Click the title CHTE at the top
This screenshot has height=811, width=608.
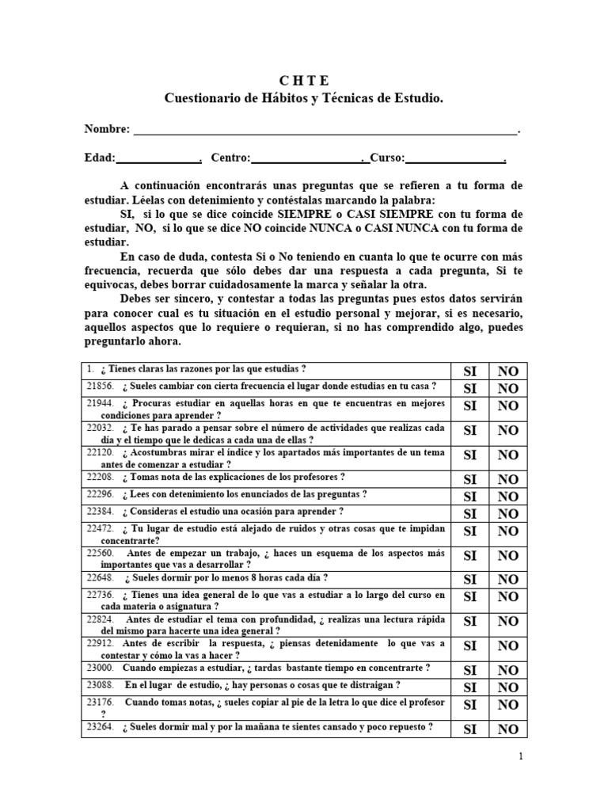coord(304,81)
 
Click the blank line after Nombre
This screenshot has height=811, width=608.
coord(325,128)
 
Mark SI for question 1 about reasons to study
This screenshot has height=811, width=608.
coord(469,371)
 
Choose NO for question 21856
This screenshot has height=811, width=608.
coord(508,388)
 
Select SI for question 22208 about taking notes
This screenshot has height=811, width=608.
coord(469,479)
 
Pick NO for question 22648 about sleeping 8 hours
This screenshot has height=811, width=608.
coord(508,580)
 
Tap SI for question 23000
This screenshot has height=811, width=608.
coord(469,671)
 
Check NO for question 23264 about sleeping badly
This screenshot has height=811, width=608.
coord(508,729)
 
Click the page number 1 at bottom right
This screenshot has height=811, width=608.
coord(521,757)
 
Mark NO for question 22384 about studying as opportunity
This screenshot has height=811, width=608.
coord(508,513)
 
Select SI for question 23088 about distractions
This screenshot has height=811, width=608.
coord(469,687)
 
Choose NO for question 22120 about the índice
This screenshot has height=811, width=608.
coord(508,455)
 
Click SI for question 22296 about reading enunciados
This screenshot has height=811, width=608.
coord(469,497)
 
